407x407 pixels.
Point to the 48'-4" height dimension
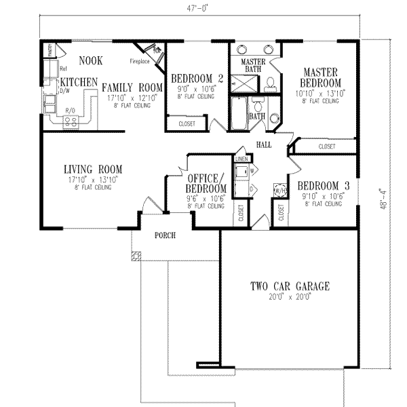click(x=384, y=201)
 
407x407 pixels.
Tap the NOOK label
click(x=90, y=61)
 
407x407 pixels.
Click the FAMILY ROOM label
click(x=132, y=88)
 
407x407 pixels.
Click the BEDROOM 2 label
click(x=193, y=77)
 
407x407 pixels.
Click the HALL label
click(x=265, y=145)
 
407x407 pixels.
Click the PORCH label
click(x=164, y=236)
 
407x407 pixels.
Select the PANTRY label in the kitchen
click(x=50, y=50)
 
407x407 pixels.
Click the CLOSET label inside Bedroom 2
click(x=187, y=123)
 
